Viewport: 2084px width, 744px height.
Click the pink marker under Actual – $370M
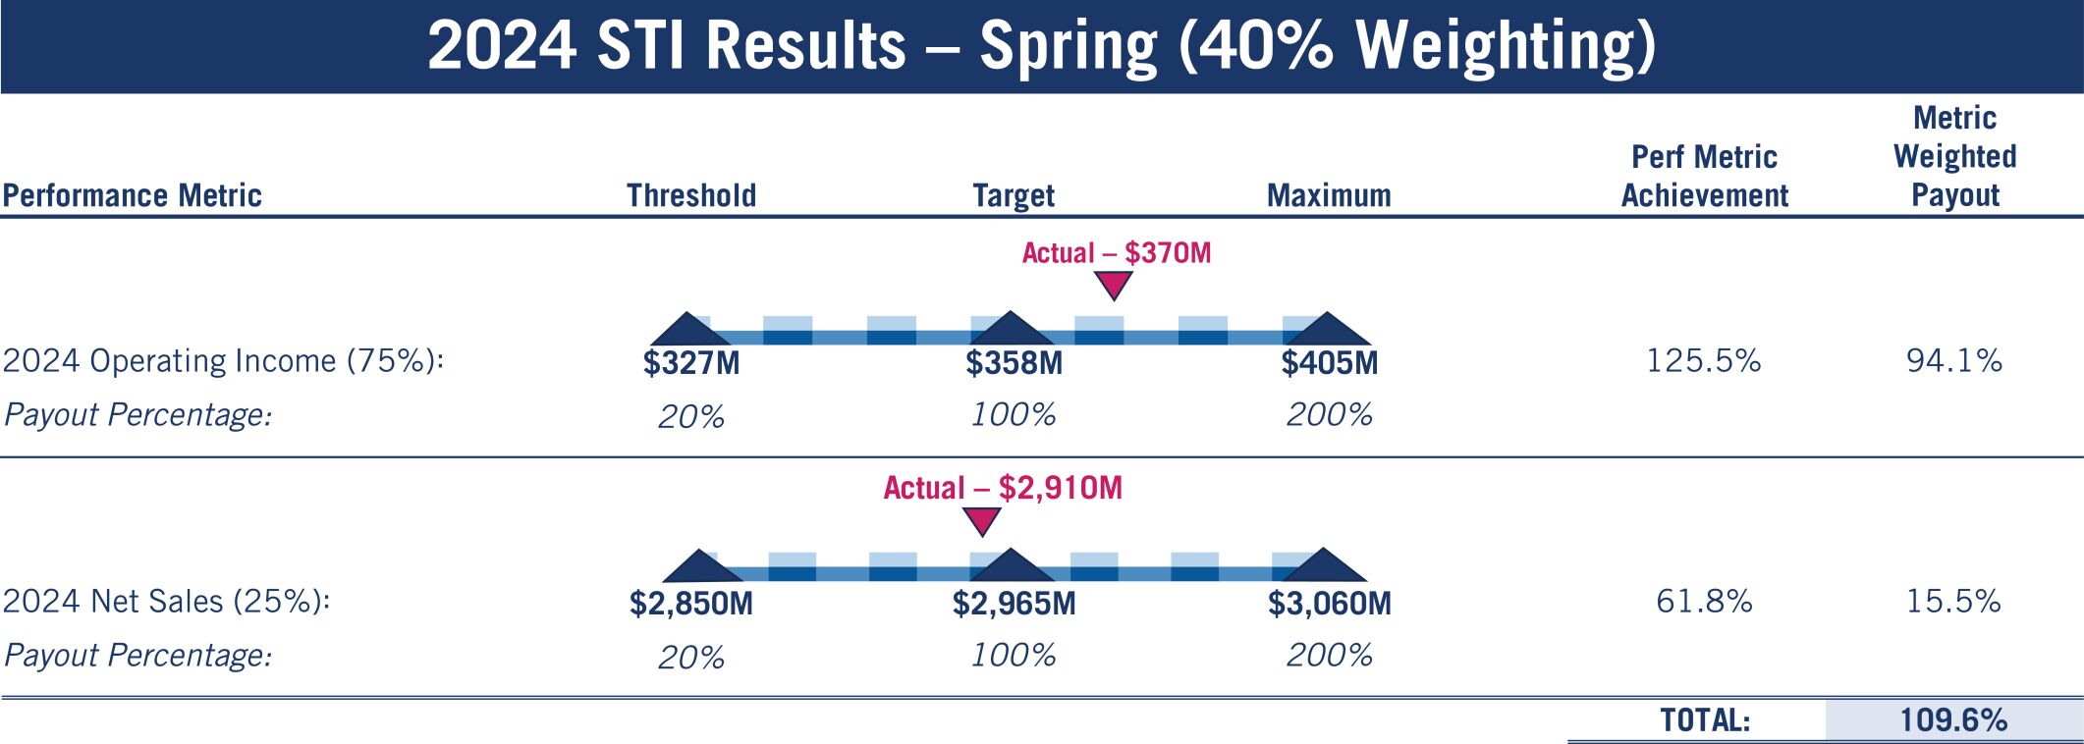1114,285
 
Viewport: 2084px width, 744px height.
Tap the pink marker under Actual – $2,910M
981,520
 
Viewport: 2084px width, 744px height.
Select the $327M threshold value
691,363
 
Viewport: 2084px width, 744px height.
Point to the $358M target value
1014,363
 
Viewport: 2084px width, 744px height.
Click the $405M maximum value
1329,363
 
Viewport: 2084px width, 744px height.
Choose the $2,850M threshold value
691,603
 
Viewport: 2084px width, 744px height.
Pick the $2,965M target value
1014,603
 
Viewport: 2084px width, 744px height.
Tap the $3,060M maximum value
1329,603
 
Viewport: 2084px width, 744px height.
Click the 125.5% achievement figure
1704,361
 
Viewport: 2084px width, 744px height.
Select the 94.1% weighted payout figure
1954,361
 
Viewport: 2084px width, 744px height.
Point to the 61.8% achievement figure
1704,601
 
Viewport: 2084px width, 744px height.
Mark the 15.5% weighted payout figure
1954,601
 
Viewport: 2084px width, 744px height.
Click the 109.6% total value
1953,720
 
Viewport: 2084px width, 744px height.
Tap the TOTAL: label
1705,720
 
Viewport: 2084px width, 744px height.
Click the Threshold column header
691,195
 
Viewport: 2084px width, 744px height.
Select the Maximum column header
1329,195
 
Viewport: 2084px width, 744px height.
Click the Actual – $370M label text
1117,253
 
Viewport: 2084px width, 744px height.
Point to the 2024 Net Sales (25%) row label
166,601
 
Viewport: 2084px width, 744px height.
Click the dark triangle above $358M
1011,331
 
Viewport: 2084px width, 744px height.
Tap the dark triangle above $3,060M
1324,567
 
